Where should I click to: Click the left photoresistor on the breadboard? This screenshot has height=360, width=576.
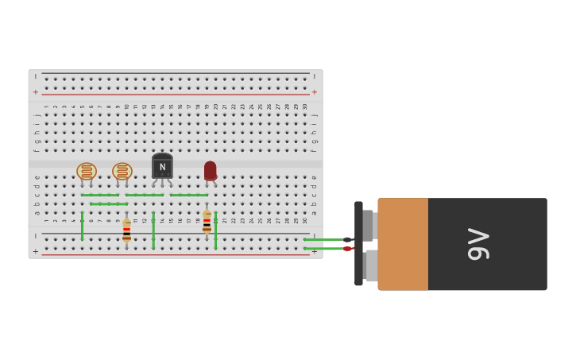click(87, 171)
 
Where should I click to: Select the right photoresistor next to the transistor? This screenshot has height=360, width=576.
click(122, 171)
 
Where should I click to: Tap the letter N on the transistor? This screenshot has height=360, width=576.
click(162, 167)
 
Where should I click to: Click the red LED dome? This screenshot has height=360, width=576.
click(210, 170)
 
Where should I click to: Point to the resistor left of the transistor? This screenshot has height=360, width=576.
click(126, 231)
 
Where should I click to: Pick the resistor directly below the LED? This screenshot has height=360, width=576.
click(207, 223)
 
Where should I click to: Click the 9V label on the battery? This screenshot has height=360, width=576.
click(478, 244)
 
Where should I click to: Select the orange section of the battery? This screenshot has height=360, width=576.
click(403, 244)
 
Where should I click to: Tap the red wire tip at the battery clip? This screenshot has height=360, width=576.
click(347, 249)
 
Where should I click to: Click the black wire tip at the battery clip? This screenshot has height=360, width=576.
click(347, 239)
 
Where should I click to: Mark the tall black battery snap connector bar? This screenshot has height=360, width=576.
click(358, 243)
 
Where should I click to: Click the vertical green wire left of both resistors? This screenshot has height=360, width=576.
click(82, 226)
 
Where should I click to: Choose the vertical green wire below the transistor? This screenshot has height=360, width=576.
click(153, 230)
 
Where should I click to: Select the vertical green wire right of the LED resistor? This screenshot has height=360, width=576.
click(215, 230)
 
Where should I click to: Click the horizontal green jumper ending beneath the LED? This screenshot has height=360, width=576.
click(188, 195)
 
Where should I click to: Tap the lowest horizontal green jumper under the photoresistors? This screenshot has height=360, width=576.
click(109, 204)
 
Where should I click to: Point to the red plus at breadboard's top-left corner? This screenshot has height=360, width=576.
click(35, 92)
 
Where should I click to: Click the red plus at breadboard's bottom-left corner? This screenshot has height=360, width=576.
click(35, 251)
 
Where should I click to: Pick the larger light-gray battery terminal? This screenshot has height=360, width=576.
click(371, 265)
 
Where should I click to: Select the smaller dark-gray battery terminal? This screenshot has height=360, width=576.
click(368, 225)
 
